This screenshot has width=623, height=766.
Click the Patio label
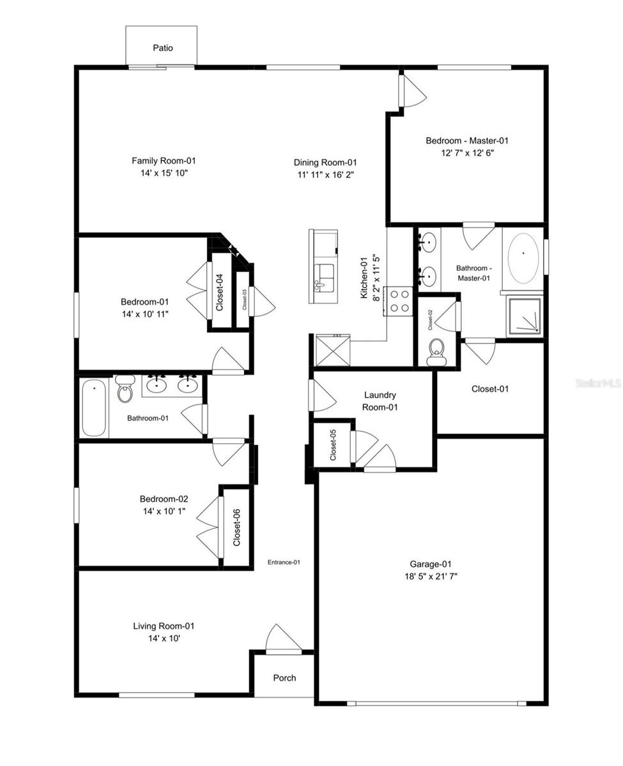[162, 48]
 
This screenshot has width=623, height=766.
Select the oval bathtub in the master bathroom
[523, 259]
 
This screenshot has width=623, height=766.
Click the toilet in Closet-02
[437, 352]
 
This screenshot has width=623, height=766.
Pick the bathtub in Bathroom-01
[93, 408]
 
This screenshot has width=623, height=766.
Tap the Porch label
[284, 678]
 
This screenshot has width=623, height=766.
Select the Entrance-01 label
[284, 562]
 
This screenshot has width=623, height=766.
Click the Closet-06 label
[236, 527]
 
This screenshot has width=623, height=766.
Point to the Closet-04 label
[219, 292]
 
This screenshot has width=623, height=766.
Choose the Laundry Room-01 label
[380, 401]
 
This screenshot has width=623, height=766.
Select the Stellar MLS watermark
[597, 383]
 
